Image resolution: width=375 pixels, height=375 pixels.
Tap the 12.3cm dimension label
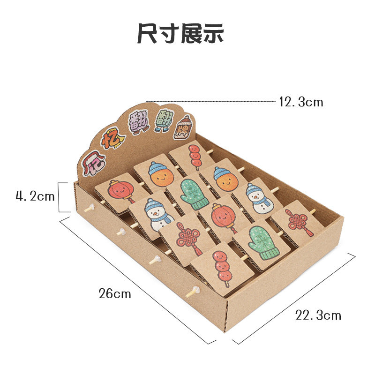(301, 102)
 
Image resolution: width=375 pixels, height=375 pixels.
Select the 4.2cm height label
(35, 196)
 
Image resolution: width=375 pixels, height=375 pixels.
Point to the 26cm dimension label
(115, 294)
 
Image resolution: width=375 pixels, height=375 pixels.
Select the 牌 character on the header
(183, 127)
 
